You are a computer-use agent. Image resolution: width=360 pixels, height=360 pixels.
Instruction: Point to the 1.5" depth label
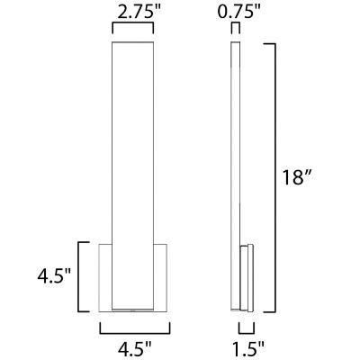[x=249, y=348]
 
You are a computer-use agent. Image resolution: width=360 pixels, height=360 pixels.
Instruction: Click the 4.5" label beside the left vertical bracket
[x=54, y=276]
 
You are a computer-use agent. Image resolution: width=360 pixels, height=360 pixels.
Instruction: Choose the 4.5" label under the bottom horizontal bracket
[x=135, y=348]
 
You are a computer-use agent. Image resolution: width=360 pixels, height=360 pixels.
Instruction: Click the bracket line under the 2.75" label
[x=133, y=23]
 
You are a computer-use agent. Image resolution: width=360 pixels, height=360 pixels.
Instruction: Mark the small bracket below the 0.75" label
[x=236, y=24]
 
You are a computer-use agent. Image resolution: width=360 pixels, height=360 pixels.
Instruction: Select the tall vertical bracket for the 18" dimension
[x=275, y=178]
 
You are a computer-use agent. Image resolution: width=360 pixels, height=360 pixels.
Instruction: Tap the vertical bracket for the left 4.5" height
[x=78, y=276]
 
